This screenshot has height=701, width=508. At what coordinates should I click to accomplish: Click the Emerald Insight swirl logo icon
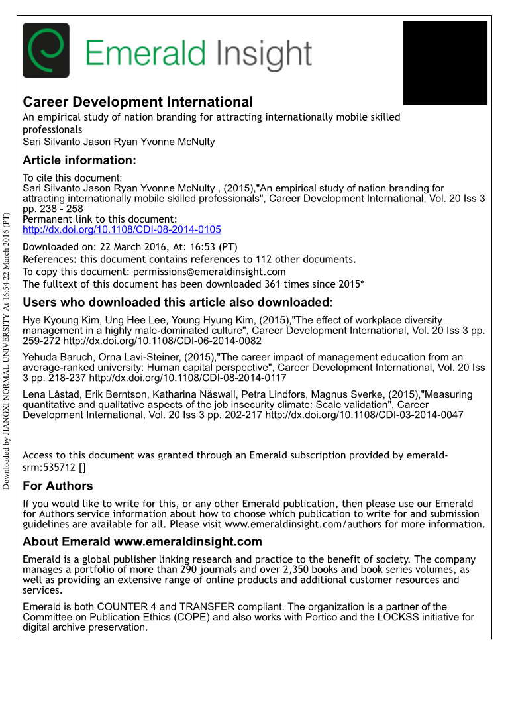[46, 50]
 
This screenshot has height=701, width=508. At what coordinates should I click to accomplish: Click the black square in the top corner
[445, 63]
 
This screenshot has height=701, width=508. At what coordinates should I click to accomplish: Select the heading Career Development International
[138, 102]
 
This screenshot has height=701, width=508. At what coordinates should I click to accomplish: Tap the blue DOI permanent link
[122, 229]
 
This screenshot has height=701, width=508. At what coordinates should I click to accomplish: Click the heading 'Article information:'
[79, 160]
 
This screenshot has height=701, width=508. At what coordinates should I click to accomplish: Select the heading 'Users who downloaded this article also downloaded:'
[178, 303]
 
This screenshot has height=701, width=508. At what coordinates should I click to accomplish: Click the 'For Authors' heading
[58, 486]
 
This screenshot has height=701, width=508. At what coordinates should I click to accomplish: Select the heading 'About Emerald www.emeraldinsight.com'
[142, 542]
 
